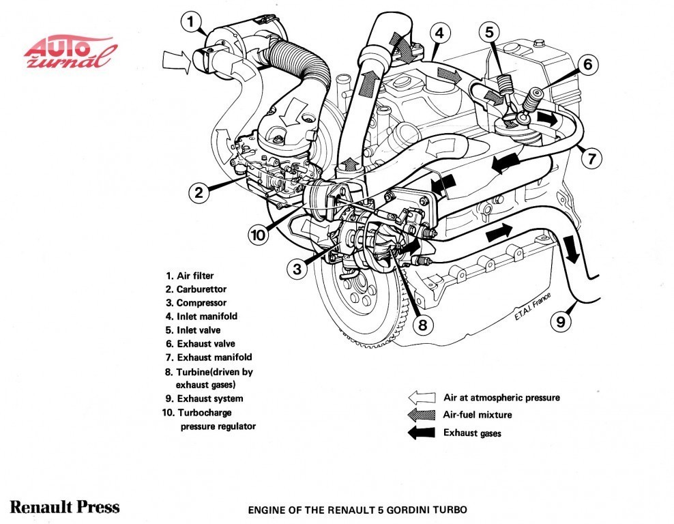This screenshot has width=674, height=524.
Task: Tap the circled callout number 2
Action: (x=199, y=193)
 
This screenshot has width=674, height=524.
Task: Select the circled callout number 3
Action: (x=297, y=269)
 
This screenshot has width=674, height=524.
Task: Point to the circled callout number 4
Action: (x=439, y=32)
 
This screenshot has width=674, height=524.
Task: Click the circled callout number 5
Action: (x=490, y=31)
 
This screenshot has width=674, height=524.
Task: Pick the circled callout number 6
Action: (x=587, y=65)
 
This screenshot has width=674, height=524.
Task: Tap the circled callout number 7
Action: (x=591, y=159)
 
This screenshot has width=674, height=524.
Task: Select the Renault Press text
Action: (x=65, y=507)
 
